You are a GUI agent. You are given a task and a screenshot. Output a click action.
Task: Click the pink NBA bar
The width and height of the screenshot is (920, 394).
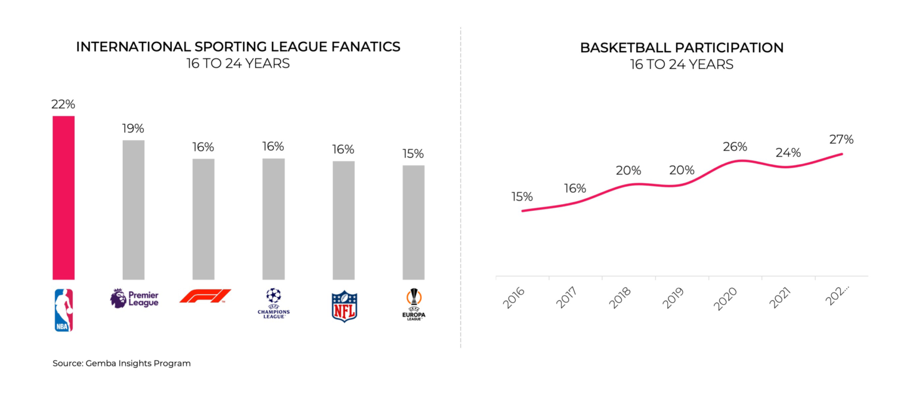click(63, 198)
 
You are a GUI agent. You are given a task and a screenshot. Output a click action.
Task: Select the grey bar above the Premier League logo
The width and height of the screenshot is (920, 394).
click(134, 210)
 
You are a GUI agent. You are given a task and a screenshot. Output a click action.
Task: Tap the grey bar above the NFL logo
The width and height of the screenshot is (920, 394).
click(343, 220)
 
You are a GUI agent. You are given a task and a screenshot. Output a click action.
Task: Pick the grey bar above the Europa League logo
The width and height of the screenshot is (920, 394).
click(413, 222)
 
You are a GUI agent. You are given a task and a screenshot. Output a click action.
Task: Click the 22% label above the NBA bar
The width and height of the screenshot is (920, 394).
click(63, 104)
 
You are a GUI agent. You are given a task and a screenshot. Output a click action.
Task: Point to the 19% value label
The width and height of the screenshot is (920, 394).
click(133, 128)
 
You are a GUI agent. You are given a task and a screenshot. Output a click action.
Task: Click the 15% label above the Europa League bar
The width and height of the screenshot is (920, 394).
click(413, 153)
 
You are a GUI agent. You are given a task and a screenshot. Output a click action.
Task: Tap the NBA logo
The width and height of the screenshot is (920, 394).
click(63, 310)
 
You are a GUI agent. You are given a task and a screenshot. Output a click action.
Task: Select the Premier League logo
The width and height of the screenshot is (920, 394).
click(135, 298)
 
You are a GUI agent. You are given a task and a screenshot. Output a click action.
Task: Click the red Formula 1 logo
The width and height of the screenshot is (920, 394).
click(205, 296)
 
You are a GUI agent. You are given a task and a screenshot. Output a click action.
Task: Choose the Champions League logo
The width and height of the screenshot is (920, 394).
click(273, 303)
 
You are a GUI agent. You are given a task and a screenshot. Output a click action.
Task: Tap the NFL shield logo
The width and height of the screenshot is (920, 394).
click(344, 306)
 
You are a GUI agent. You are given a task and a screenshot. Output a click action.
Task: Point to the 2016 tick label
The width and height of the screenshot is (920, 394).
click(513, 298)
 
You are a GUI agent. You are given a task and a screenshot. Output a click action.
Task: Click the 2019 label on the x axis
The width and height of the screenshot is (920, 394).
click(673, 298)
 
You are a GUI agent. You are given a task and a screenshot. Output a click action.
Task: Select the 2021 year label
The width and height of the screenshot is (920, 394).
click(779, 298)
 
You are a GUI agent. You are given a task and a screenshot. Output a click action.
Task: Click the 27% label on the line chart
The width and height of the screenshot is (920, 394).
click(841, 140)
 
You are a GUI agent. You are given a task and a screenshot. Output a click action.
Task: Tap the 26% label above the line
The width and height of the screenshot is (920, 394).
click(734, 147)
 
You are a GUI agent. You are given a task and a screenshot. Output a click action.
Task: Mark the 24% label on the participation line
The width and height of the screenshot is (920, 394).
click(788, 153)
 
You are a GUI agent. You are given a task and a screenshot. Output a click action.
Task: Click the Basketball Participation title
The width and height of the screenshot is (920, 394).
click(682, 48)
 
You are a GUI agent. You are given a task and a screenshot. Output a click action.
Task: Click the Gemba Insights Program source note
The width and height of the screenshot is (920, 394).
click(122, 363)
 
